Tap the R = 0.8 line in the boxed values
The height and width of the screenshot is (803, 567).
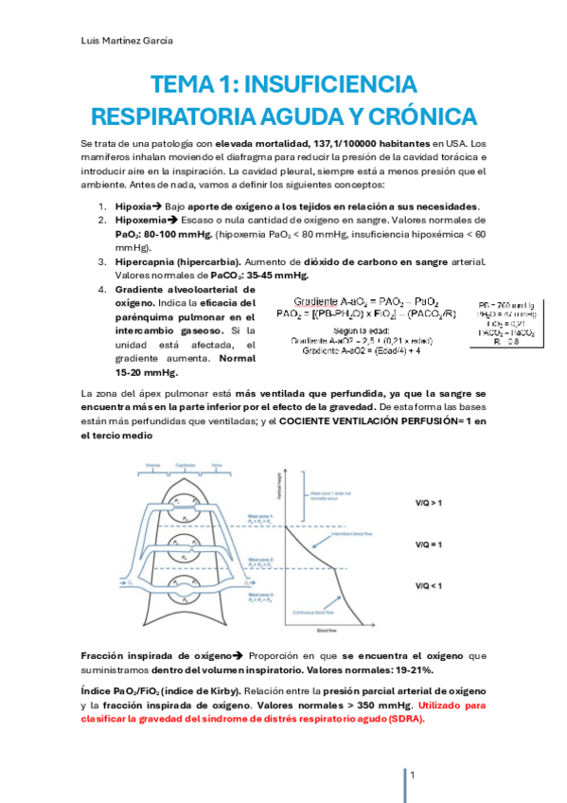tap(510, 343)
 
